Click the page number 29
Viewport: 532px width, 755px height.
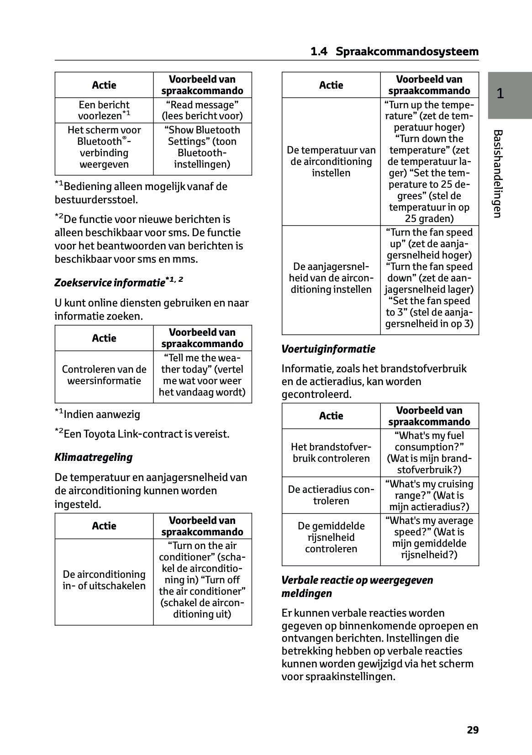pyautogui.click(x=473, y=730)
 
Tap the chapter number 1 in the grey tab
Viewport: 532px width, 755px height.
pyautogui.click(x=500, y=94)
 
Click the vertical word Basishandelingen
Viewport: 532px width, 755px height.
pyautogui.click(x=498, y=174)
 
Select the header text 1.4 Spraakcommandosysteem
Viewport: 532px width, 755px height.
pyautogui.click(x=395, y=52)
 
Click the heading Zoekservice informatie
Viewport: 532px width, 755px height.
pyautogui.click(x=119, y=282)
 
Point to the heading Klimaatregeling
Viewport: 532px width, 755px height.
pyautogui.click(x=94, y=457)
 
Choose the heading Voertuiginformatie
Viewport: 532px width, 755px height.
pyautogui.click(x=328, y=349)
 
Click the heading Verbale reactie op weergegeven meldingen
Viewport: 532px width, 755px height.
pyautogui.click(x=357, y=586)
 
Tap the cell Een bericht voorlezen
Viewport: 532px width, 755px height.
pyautogui.click(x=104, y=110)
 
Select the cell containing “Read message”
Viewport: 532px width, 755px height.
pyautogui.click(x=202, y=110)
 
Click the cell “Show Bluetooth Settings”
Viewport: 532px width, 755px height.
pyautogui.click(x=202, y=147)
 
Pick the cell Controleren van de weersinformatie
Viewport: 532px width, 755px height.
pyautogui.click(x=104, y=375)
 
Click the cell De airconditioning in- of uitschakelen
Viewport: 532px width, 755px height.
pyautogui.click(x=104, y=580)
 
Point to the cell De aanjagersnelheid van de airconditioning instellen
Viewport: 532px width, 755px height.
pyautogui.click(x=331, y=278)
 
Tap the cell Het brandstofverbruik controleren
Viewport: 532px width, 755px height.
pyautogui.click(x=331, y=453)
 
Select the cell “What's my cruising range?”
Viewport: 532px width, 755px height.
pyautogui.click(x=429, y=495)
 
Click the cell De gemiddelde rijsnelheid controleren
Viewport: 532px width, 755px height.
pyautogui.click(x=331, y=537)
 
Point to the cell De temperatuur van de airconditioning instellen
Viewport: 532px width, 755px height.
pyautogui.click(x=331, y=161)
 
